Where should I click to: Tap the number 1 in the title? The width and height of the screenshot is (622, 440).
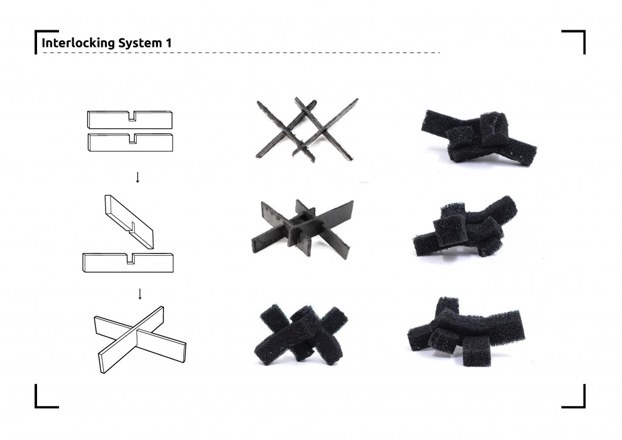(168, 43)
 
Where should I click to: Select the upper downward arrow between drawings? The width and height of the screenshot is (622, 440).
(137, 177)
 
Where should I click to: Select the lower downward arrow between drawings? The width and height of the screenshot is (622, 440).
(140, 294)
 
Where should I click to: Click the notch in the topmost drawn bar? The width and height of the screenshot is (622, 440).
(131, 116)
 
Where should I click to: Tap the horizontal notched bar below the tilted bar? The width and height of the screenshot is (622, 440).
(131, 262)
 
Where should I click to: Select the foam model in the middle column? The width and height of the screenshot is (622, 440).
(301, 334)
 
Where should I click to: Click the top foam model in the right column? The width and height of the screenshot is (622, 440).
(479, 136)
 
